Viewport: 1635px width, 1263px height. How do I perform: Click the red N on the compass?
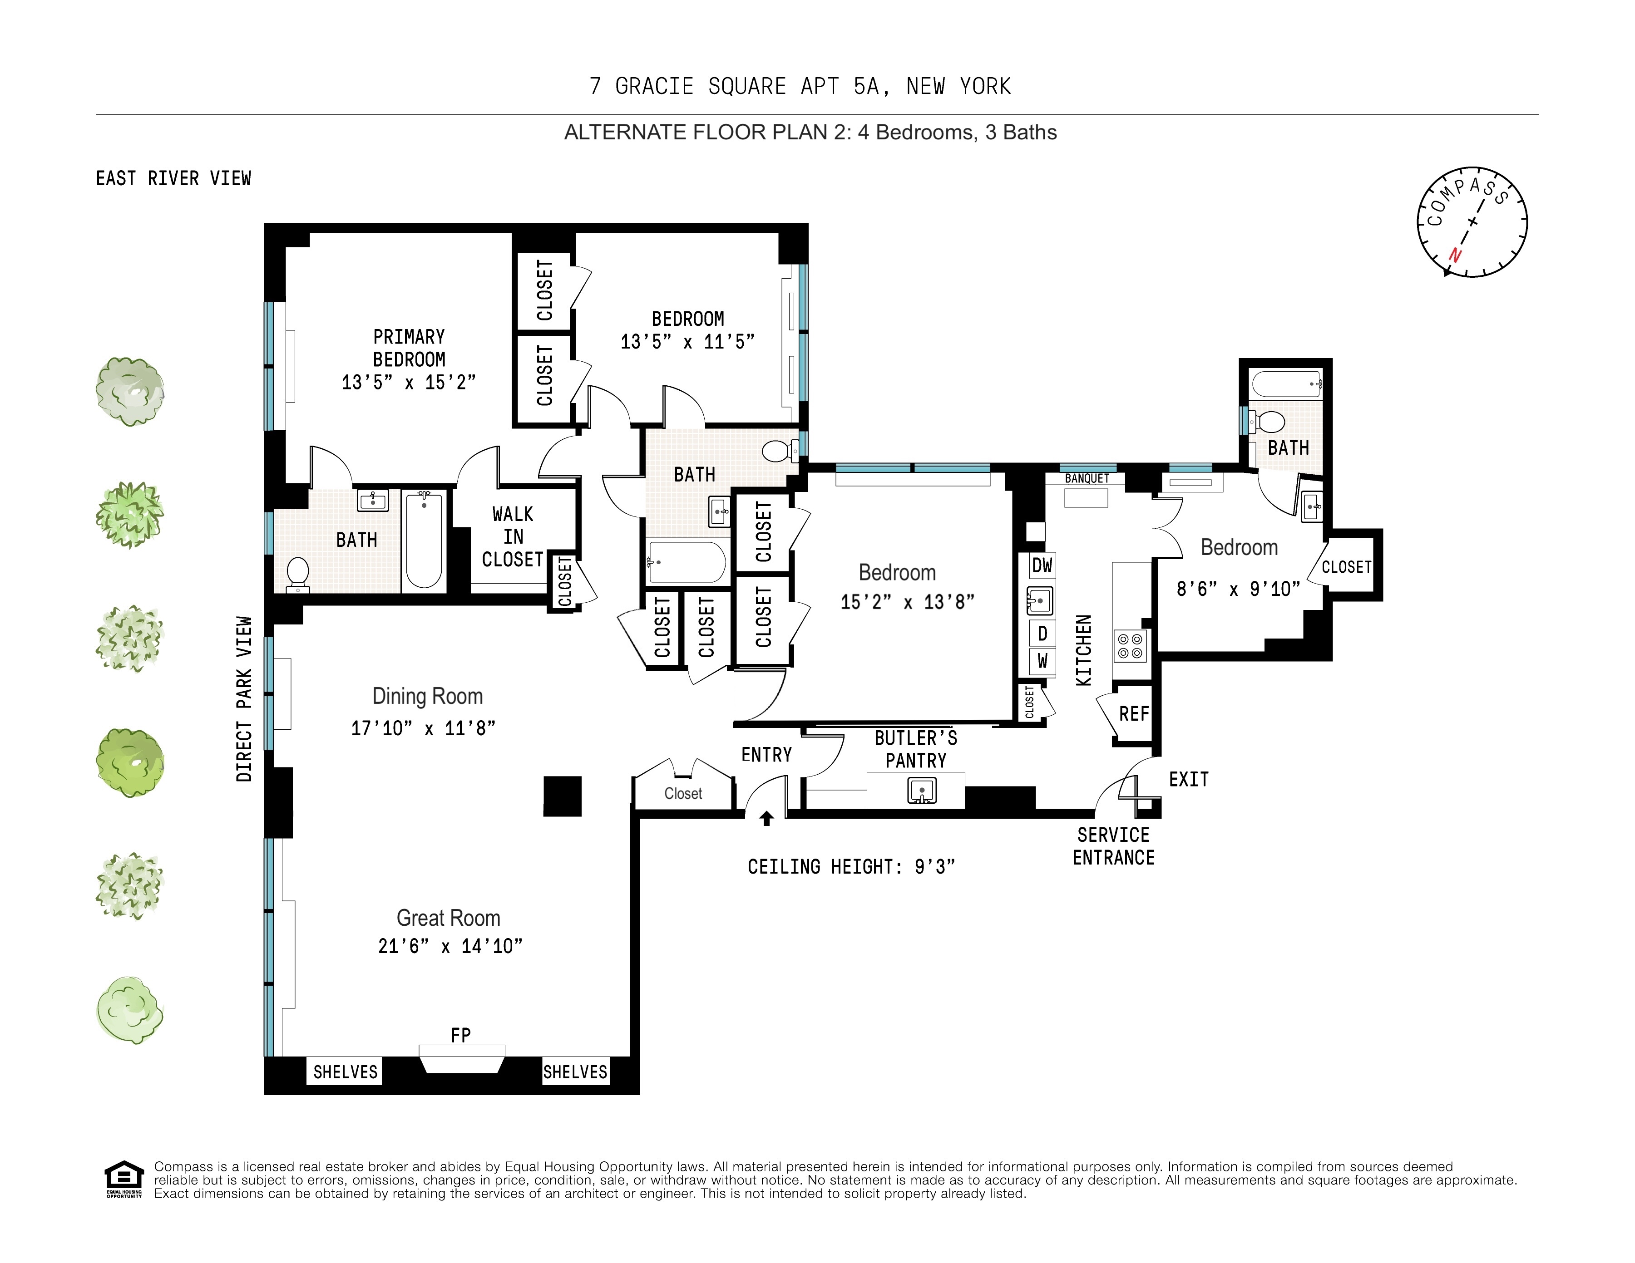point(1455,255)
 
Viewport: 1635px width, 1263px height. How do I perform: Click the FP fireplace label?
point(460,1035)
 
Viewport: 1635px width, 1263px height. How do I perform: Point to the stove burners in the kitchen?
point(1130,646)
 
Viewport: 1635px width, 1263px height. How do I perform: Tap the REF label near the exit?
point(1133,714)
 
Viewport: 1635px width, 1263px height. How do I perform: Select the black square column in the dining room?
point(562,796)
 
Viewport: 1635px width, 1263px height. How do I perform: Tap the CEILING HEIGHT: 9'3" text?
point(851,866)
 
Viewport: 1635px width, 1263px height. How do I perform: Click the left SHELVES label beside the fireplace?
point(345,1071)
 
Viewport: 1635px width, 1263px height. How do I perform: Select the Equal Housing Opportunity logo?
point(123,1179)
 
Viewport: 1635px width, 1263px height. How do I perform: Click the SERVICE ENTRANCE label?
point(1113,846)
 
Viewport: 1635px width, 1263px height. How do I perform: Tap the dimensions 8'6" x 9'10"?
point(1237,589)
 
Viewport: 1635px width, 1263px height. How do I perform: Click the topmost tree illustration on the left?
point(130,391)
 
